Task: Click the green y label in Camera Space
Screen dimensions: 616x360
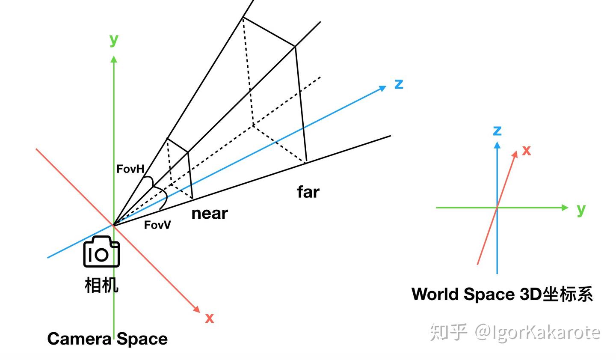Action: pos(113,39)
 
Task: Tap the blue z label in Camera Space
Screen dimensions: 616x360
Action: pos(399,84)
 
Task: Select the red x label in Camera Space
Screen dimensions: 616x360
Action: pos(209,318)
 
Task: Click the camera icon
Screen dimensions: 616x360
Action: pos(101,252)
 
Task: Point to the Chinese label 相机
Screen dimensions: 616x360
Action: pos(101,285)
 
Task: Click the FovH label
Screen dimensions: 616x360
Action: pos(130,169)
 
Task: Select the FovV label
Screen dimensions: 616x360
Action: pos(157,225)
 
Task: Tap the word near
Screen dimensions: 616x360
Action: pos(210,213)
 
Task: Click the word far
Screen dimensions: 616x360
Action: pos(308,192)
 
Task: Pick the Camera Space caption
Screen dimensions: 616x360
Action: pos(107,339)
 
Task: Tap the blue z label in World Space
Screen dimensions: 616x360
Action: pos(497,131)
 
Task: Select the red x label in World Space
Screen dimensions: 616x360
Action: pos(527,151)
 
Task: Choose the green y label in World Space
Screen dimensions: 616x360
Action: pos(580,209)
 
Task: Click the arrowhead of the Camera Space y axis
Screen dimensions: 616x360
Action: pos(114,59)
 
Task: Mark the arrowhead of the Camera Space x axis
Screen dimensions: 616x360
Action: pos(197,309)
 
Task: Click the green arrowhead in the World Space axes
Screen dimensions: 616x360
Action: pos(565,208)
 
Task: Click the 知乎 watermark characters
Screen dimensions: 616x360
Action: pos(448,332)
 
